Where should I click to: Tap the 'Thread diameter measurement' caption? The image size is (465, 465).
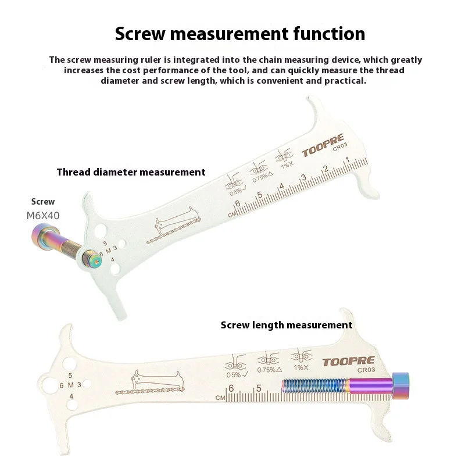[131, 172]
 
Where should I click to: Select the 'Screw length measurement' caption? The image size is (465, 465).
[286, 325]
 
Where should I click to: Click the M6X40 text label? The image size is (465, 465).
[43, 215]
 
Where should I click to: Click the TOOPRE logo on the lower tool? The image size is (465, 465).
[348, 361]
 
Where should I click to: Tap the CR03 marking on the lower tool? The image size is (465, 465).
[365, 370]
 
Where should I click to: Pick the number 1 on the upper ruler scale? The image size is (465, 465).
[346, 161]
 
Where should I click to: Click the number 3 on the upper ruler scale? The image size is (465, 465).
[303, 177]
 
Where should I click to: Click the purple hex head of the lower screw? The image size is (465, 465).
[402, 385]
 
